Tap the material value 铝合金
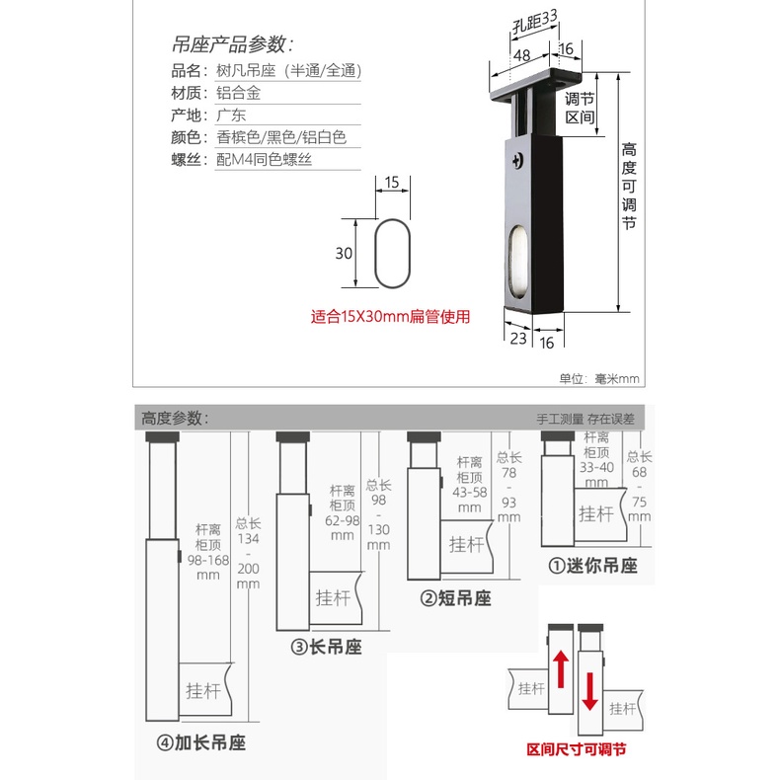(238, 93)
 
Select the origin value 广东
(231, 115)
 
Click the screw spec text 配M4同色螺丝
(265, 159)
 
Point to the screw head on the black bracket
(517, 160)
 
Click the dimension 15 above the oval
(392, 183)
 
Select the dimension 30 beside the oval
(344, 253)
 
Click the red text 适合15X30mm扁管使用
(391, 316)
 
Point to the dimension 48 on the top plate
(521, 55)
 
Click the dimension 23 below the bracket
(518, 339)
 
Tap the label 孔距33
(535, 22)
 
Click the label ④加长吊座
(201, 742)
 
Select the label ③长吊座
(327, 647)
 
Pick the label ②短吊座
(456, 598)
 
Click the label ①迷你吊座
(593, 566)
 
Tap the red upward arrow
(561, 669)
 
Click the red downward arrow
(590, 691)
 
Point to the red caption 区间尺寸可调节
(577, 749)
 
